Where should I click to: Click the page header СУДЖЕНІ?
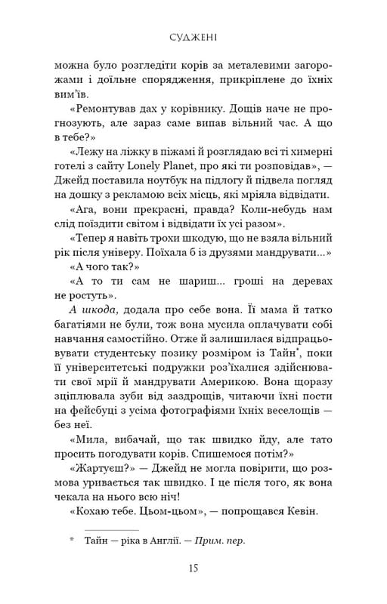pyautogui.click(x=193, y=34)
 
